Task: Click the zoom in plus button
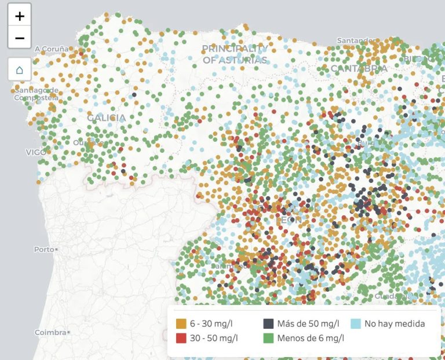[x=20, y=16]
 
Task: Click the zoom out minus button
[x=20, y=38]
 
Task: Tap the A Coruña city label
[x=51, y=49]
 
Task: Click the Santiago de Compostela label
[x=36, y=94]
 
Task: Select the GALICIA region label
[x=106, y=118]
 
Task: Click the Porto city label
[x=44, y=249]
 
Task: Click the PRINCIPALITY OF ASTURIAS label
[x=235, y=54]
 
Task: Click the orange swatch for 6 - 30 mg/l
[x=181, y=324]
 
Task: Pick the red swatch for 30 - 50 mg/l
[x=181, y=338]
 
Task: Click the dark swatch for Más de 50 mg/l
[x=268, y=324]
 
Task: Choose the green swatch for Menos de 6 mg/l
[x=268, y=338]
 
